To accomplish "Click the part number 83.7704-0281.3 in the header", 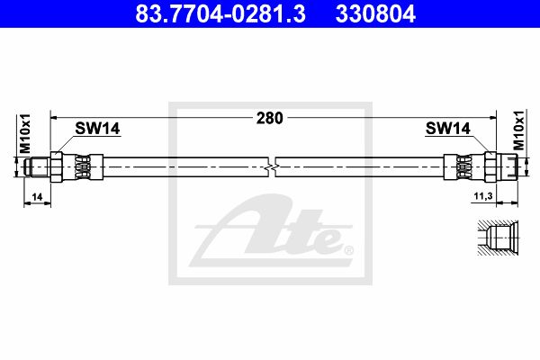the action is click(x=220, y=13).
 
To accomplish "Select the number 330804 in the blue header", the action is click(x=375, y=13).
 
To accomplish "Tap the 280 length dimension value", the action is click(x=270, y=118).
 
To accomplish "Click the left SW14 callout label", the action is click(x=97, y=129).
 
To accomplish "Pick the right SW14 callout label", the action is click(x=447, y=129).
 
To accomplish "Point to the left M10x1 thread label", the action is click(x=25, y=134).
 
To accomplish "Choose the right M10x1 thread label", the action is click(x=519, y=130).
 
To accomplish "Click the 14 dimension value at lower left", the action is click(x=37, y=197).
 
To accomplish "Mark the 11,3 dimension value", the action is click(x=483, y=196).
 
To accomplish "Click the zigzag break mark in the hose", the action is click(x=272, y=167).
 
